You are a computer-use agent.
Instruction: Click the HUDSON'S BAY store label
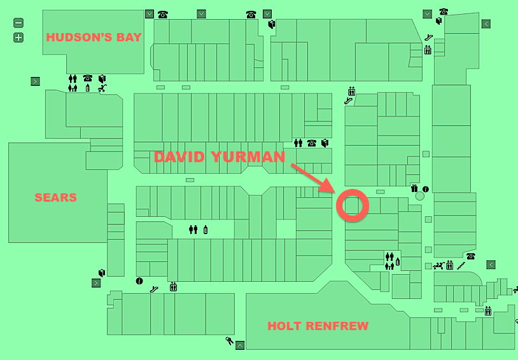(x=93, y=37)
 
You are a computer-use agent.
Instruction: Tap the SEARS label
(x=55, y=198)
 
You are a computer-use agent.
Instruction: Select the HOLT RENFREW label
(x=318, y=326)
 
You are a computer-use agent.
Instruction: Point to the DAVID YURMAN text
(x=220, y=157)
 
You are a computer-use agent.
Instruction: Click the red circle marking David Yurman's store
(x=352, y=205)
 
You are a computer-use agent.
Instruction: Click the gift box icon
(x=415, y=188)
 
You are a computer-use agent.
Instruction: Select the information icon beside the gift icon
(x=425, y=189)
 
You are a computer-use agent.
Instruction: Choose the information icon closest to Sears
(x=139, y=280)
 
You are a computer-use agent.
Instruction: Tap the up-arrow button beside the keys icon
(x=240, y=345)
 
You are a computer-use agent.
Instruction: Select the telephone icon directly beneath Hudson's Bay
(x=88, y=78)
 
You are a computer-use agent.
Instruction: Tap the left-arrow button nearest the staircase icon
(x=491, y=264)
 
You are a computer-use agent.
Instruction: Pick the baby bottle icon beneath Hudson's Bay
(x=88, y=88)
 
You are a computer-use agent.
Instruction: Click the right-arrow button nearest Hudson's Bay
(x=36, y=81)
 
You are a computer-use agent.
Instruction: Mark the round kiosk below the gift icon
(x=419, y=197)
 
